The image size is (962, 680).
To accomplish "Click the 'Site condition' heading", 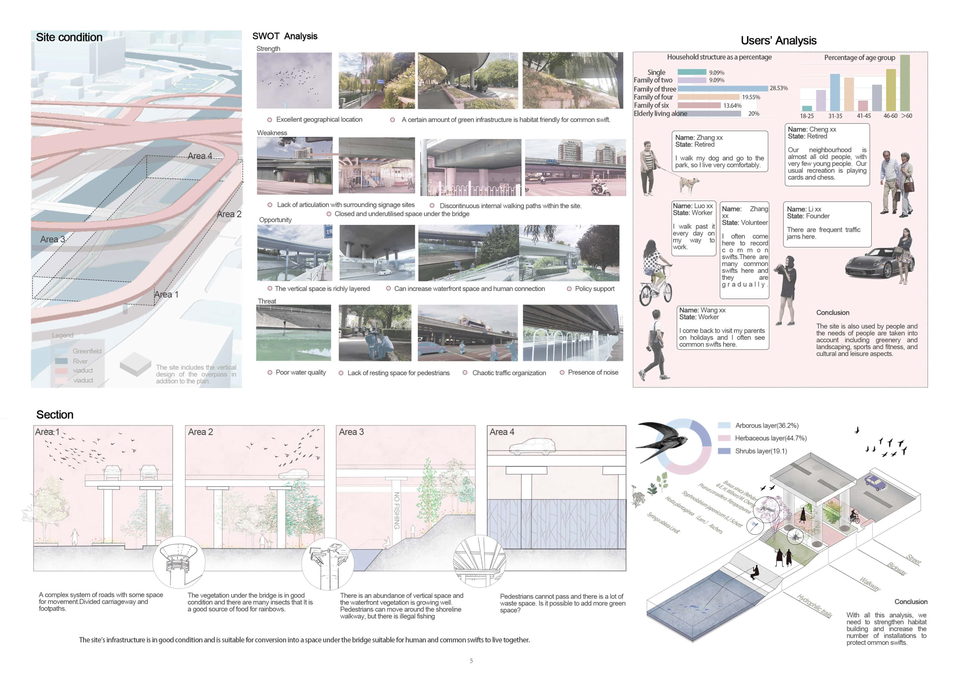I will [69, 37].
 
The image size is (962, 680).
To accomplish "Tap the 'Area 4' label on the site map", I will [200, 156].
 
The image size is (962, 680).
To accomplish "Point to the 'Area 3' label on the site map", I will [52, 239].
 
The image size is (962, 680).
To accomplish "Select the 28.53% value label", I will [778, 88].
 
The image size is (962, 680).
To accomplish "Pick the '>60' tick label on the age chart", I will [906, 116].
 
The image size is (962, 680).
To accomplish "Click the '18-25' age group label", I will [807, 116].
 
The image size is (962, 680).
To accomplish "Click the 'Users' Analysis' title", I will [778, 41].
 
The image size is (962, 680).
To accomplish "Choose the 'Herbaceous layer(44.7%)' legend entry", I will [770, 438].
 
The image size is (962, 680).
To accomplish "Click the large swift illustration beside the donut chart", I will [662, 440].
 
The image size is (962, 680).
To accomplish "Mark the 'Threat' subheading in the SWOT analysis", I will [267, 301].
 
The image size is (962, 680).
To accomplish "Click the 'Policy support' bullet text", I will [594, 289].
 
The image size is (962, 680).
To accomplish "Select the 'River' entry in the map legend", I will [80, 361].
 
